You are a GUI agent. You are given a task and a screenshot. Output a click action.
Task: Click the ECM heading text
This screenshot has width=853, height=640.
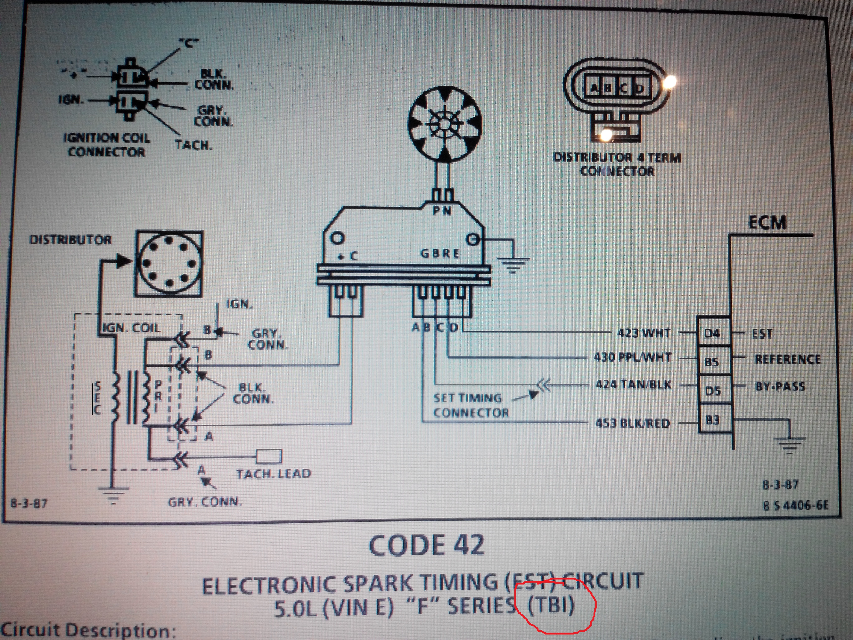[x=767, y=222]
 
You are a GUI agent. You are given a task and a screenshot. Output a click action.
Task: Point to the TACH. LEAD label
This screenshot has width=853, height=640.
[x=273, y=474]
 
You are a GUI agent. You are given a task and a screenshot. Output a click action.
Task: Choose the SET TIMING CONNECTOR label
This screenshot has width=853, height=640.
[x=470, y=405]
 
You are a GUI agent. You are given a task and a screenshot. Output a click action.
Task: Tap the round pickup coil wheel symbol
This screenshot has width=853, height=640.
[x=445, y=124]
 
